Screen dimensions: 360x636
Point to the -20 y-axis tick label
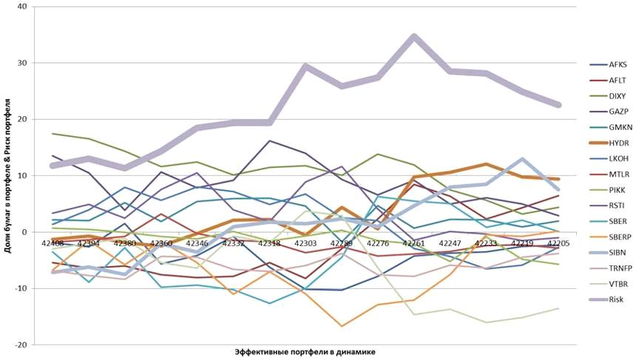pos(19,344)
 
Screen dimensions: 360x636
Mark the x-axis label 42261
pos(413,242)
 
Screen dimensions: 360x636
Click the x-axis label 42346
pos(197,242)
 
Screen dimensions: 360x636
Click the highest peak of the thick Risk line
pos(413,36)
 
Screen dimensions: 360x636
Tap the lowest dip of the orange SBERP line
pos(342,325)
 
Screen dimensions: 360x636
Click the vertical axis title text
pos(7,175)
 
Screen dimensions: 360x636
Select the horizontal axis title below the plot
pos(305,352)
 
